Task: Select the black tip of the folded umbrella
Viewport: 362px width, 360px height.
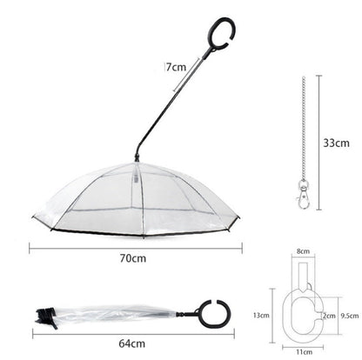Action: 43,314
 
